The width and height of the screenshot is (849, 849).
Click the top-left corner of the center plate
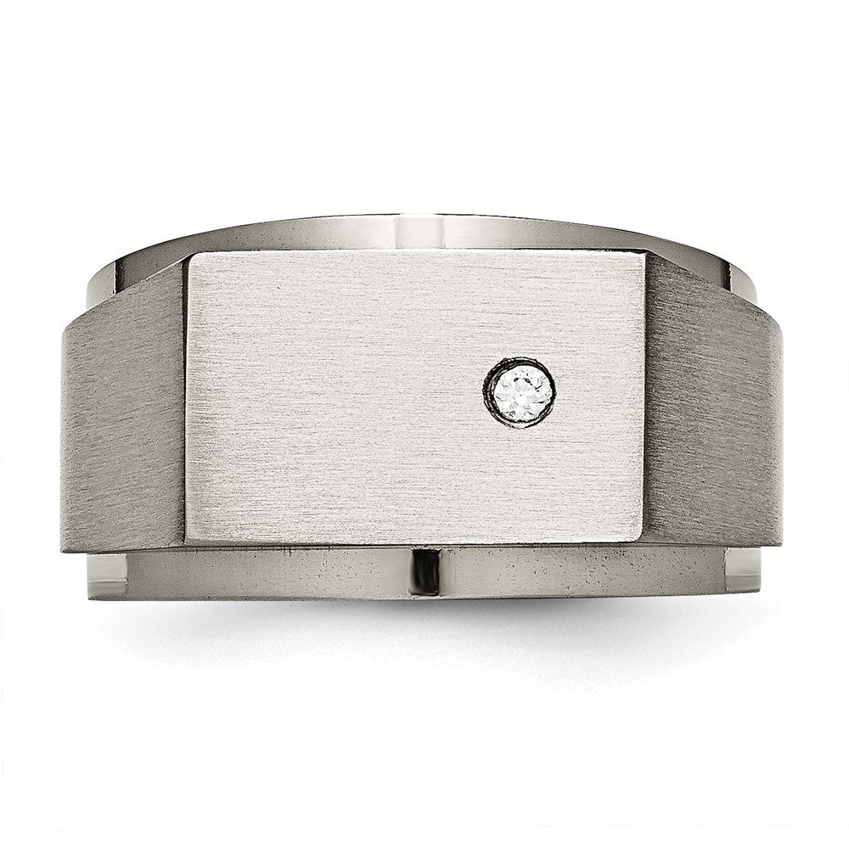tap(188, 254)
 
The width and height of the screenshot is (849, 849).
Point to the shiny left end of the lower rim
tap(106, 577)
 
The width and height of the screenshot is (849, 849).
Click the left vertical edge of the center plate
tap(186, 399)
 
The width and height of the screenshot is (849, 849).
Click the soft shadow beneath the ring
tap(424, 628)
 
